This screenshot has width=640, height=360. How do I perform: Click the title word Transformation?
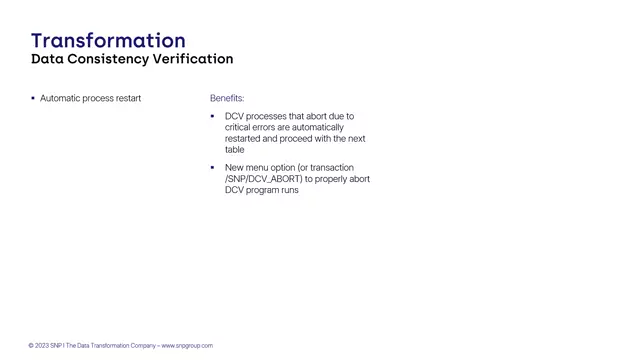coord(108,40)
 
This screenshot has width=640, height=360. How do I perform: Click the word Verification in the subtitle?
coord(193,59)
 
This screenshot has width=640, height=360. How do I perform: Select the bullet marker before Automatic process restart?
coord(33,98)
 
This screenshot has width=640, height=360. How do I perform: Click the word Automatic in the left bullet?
coord(59,98)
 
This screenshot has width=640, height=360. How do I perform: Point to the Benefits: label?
coord(227,98)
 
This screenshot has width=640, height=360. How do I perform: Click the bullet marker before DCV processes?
coord(212,116)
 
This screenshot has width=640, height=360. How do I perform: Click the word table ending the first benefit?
coord(235,150)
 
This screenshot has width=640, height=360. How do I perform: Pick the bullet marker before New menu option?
coord(212,167)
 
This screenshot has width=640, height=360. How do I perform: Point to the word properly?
coord(337,179)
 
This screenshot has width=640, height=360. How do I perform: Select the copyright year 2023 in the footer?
coord(42,346)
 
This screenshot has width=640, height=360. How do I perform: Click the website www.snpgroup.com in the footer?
coord(187,346)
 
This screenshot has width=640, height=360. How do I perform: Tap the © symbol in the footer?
coord(31,346)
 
